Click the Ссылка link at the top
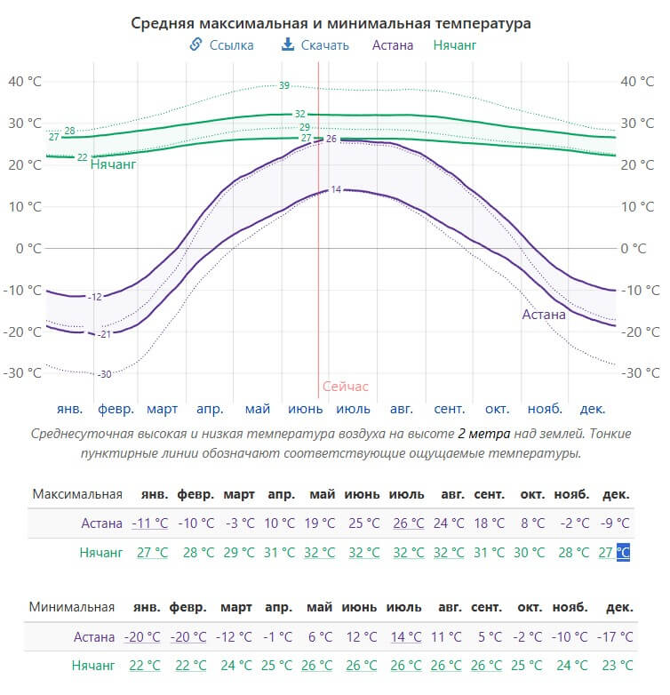pos(221,44)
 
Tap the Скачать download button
pos(315,44)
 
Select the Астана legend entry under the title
pos(393,44)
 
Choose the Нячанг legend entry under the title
pos(455,44)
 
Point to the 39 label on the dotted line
pos(284,85)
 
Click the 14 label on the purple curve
pos(336,189)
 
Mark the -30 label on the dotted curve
pos(105,374)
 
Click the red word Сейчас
pos(345,387)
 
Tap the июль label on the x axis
pos(353,409)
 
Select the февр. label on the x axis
pos(116,409)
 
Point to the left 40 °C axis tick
pos(25,82)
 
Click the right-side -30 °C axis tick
pos(641,373)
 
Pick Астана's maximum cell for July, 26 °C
pos(409,523)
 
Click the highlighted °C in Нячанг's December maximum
pos(623,552)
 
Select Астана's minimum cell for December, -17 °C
pos(615,637)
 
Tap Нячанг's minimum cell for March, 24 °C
pos(236,666)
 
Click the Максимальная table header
pos(77,494)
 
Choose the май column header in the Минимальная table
pos(320,607)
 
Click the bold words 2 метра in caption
pos(484,434)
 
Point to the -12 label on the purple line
pos(95,297)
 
